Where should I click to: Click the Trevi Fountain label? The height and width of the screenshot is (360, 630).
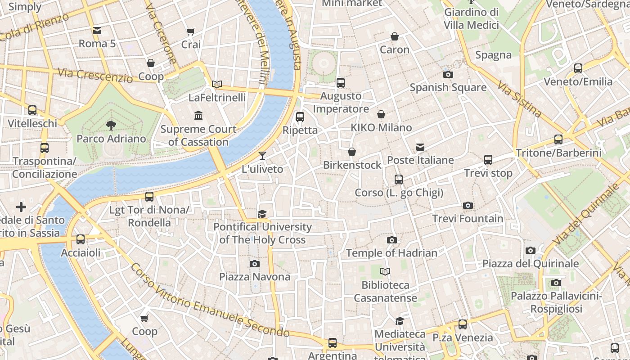tap(468, 219)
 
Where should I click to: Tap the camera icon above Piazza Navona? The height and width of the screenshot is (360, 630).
tap(255, 264)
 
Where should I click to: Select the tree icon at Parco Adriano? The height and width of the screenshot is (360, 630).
tap(111, 126)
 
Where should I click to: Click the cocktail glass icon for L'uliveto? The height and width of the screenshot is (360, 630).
tap(262, 156)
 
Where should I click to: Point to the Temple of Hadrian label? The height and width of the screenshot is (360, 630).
tap(391, 253)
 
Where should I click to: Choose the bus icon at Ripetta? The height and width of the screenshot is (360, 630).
tap(300, 117)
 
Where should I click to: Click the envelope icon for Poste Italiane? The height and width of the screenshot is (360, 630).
tap(420, 147)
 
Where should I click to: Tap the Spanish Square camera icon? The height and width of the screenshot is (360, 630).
tap(448, 74)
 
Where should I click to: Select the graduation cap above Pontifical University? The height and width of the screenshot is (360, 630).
tap(262, 214)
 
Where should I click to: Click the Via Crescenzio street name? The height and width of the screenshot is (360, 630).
tap(95, 75)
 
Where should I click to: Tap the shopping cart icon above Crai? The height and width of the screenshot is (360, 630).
tap(191, 31)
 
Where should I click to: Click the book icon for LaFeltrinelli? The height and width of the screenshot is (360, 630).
tap(217, 84)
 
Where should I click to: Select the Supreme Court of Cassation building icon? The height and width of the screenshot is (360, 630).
tap(198, 116)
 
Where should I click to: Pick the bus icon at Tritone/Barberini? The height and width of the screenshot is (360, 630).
tap(558, 139)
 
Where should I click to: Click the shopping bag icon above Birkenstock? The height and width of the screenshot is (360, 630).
tap(352, 152)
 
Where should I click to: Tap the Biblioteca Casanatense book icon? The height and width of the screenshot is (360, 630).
tap(385, 271)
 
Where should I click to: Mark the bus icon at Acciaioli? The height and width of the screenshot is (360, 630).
tap(81, 239)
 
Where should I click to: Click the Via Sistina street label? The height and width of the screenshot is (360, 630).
tap(519, 99)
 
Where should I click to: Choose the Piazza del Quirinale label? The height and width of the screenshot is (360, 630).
tap(531, 264)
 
